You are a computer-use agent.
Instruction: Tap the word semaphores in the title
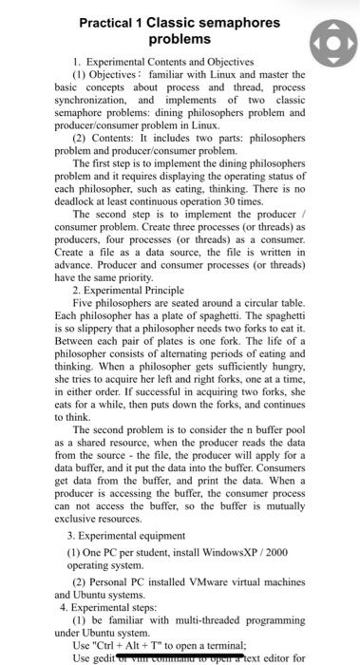pyautogui.click(x=242, y=23)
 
